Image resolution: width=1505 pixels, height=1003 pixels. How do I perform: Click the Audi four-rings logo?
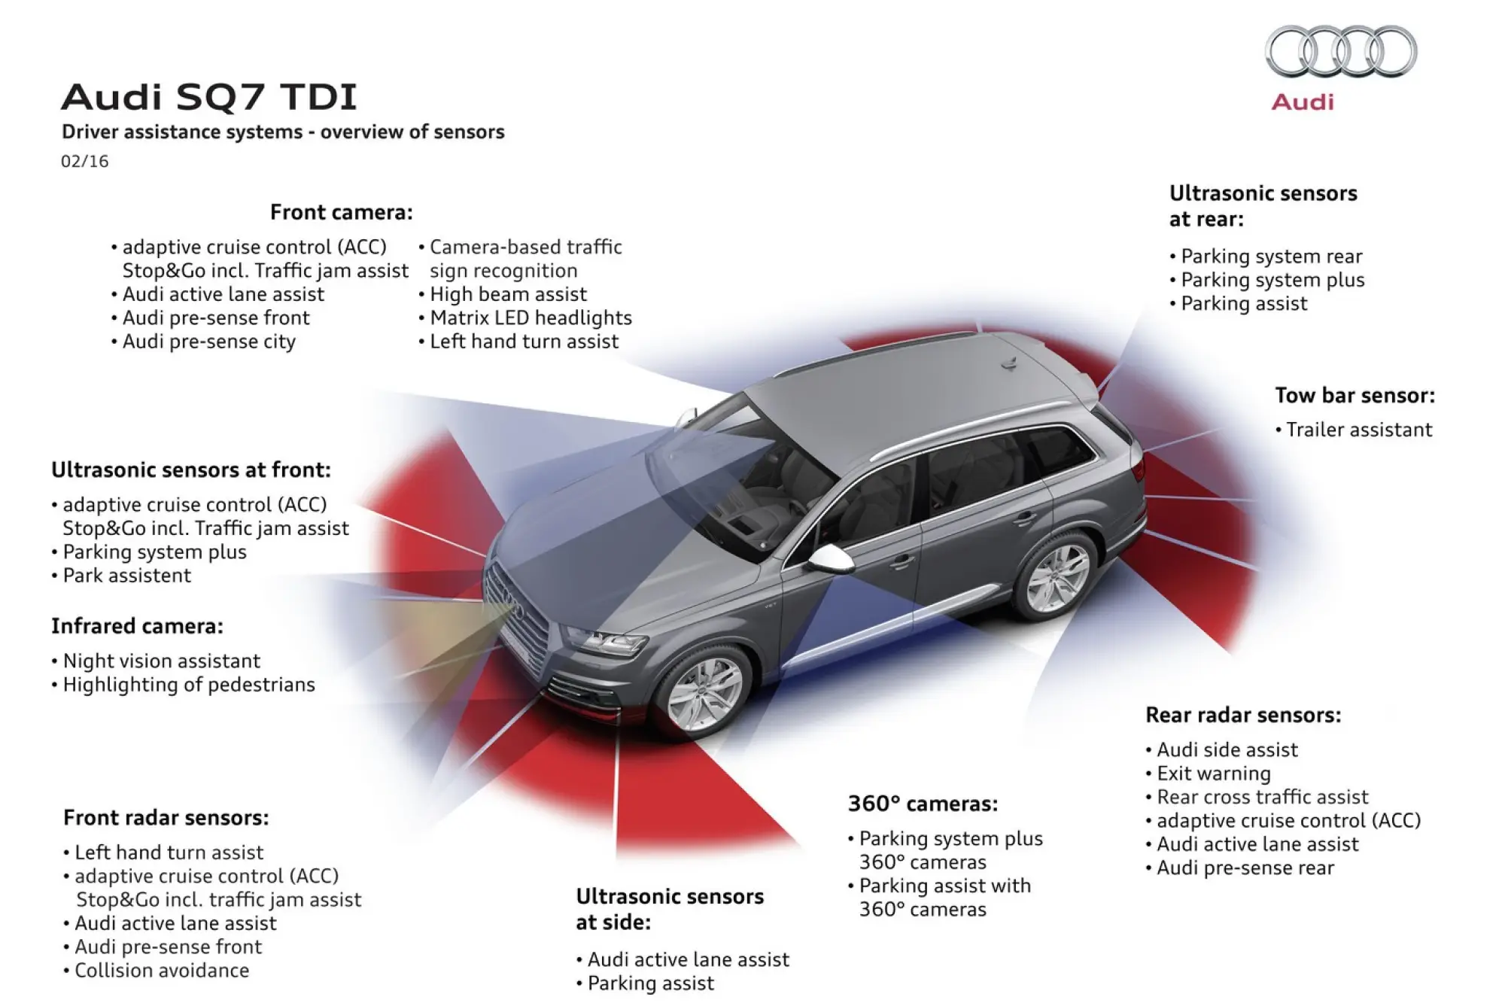coord(1341,51)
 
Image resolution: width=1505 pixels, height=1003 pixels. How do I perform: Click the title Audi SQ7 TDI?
coord(208,97)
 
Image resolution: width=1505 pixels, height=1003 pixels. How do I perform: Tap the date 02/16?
coord(84,161)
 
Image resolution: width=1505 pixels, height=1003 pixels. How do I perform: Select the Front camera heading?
coord(341,212)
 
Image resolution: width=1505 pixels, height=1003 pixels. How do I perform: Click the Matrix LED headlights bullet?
coord(531,318)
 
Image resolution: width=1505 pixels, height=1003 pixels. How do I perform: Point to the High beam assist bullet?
coord(508,294)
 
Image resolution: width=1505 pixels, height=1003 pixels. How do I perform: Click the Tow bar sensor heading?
coord(1354,395)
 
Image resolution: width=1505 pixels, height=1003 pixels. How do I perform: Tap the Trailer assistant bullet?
coord(1358,430)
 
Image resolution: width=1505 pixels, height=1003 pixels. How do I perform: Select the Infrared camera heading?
coord(137,626)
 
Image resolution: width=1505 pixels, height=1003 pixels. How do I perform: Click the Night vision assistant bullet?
coord(161,661)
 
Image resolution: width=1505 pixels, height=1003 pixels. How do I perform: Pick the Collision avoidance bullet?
coord(161,970)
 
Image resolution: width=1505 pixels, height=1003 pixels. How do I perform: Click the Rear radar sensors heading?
coord(1243,715)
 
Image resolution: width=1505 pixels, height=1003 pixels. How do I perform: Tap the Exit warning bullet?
coord(1213,773)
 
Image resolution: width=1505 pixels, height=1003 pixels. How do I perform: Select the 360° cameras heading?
coord(923,804)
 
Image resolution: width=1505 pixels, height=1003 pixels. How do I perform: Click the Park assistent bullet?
coord(126,576)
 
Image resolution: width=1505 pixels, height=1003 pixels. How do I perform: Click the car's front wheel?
coord(704,693)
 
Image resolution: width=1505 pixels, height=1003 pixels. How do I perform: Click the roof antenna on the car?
coord(1009,363)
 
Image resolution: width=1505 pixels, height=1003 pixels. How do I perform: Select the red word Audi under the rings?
coord(1303,102)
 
